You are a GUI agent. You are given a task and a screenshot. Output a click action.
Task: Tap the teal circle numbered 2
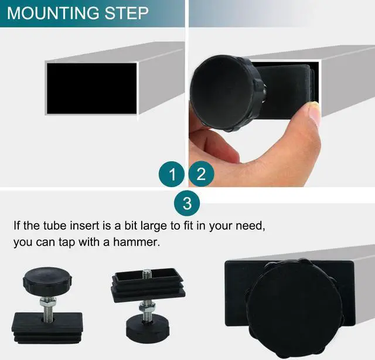coord(202,174)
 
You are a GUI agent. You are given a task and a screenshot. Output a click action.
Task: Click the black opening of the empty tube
coord(91,89)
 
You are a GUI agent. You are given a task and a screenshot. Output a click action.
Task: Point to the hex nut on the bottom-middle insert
coord(146,307)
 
